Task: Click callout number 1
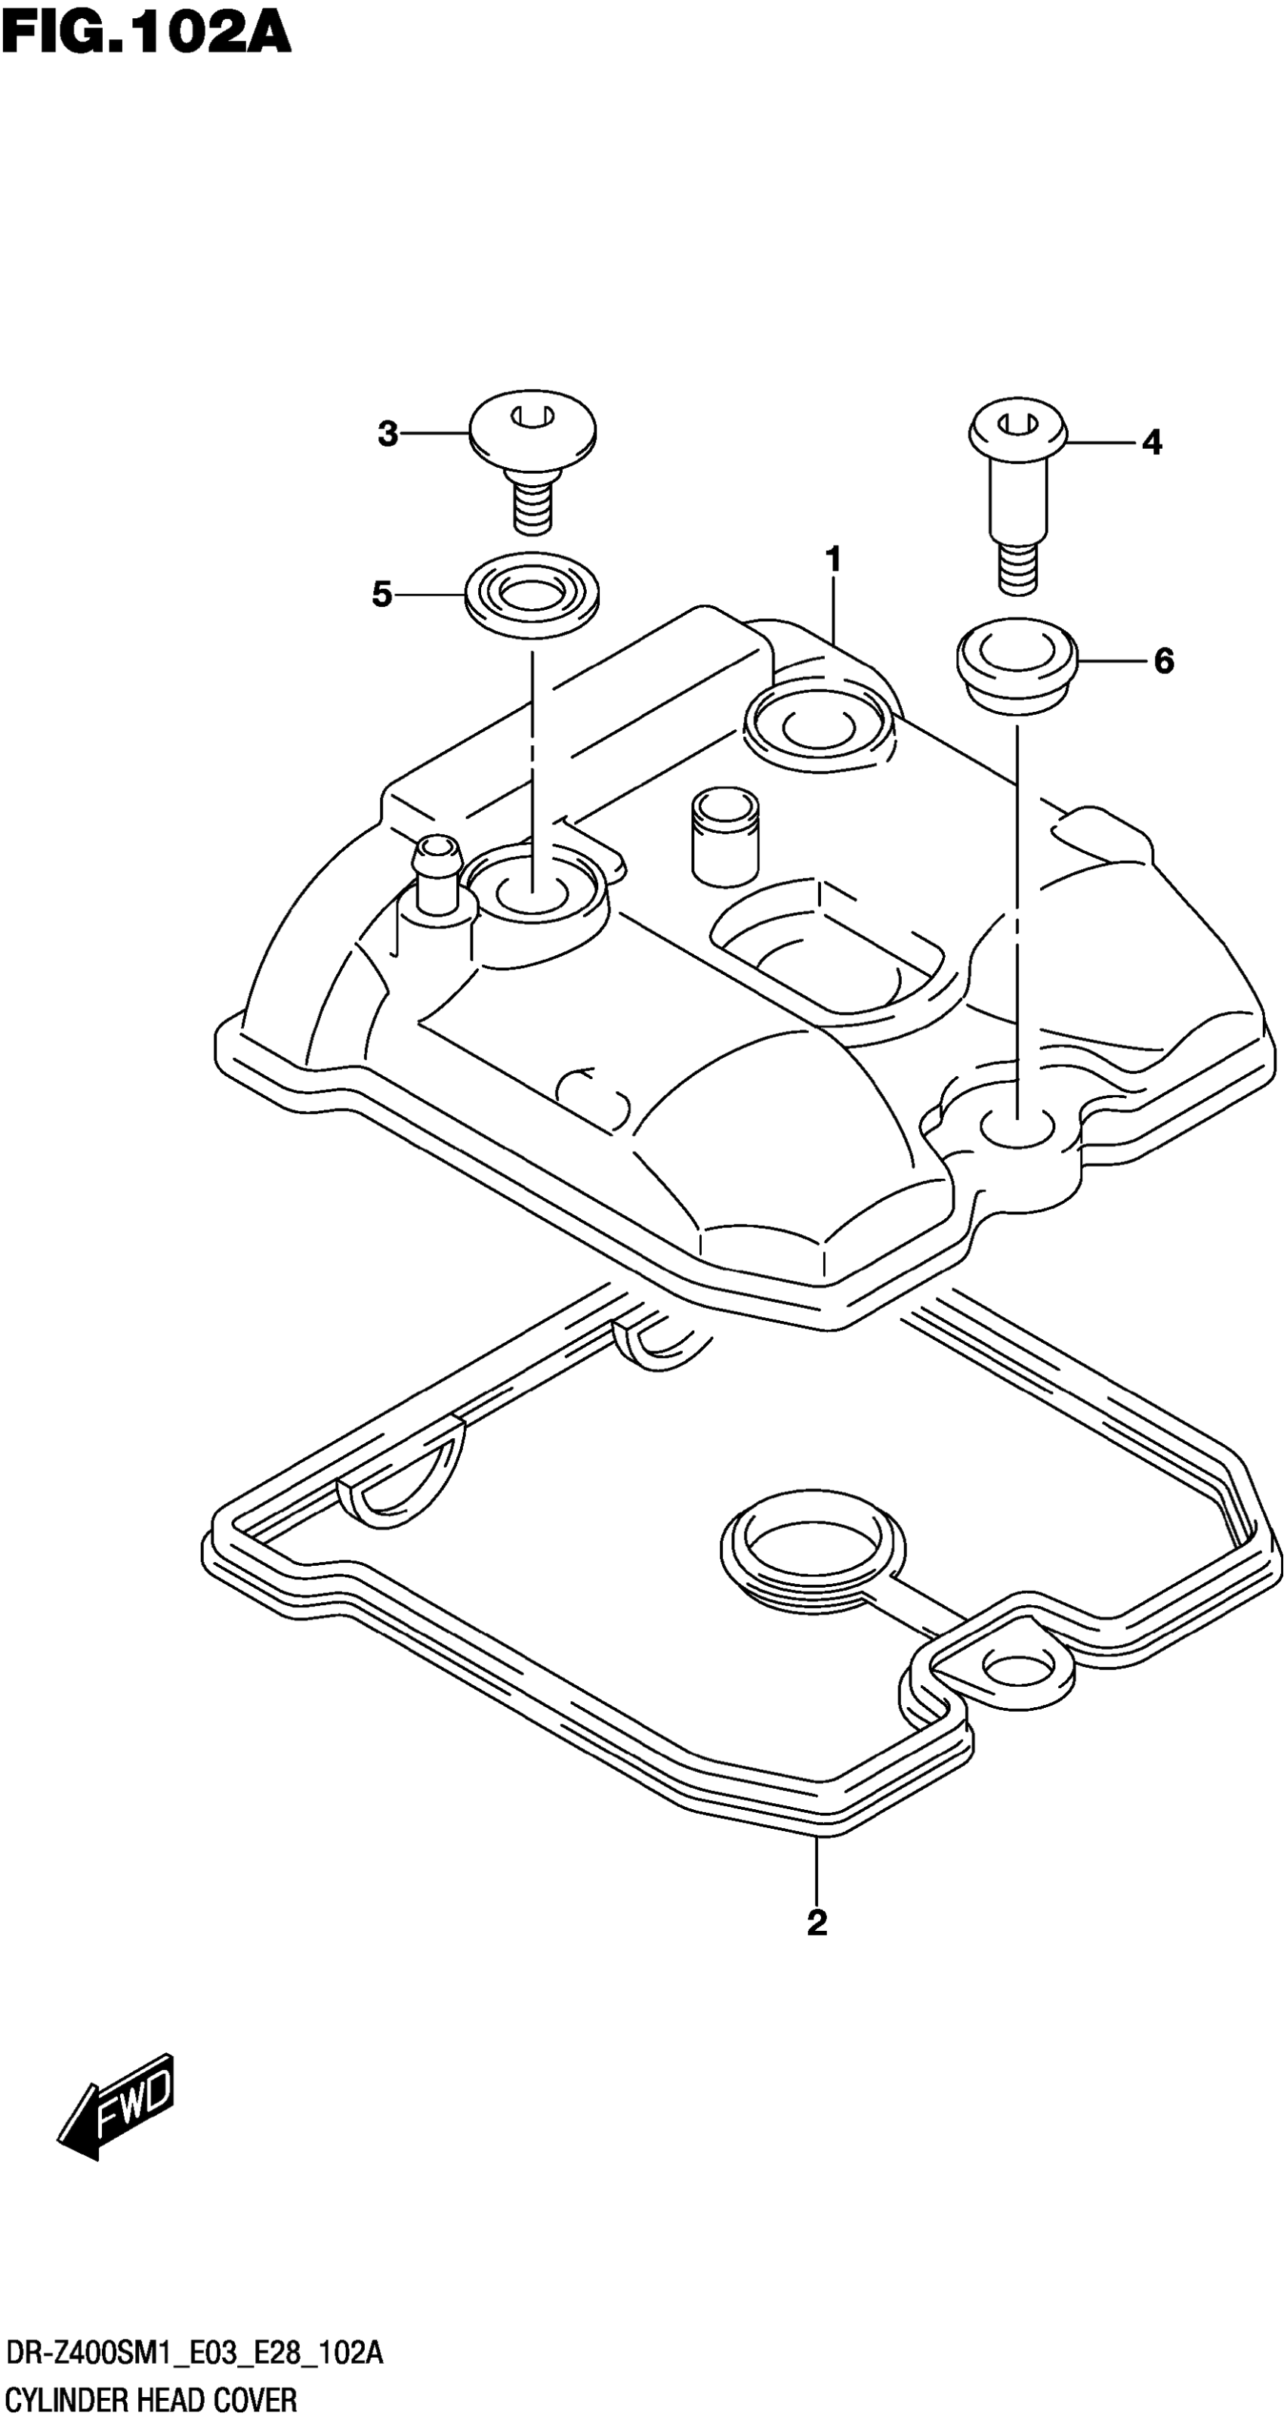(x=832, y=560)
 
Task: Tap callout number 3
(x=387, y=435)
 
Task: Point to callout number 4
(x=1152, y=442)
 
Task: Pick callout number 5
(x=382, y=595)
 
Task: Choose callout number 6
(x=1164, y=662)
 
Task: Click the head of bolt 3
(x=532, y=427)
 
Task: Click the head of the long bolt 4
(x=1017, y=430)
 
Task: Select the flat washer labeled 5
(x=532, y=595)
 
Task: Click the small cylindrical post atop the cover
(x=724, y=834)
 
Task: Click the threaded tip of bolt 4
(x=1017, y=570)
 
